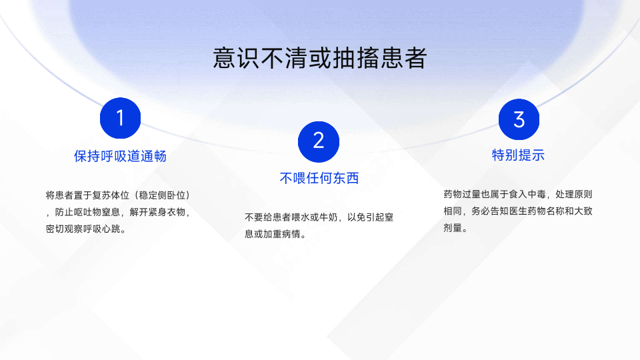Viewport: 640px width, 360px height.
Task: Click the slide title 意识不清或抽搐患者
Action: (319, 58)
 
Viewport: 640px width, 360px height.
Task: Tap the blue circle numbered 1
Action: (121, 118)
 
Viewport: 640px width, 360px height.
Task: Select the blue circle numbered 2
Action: (319, 141)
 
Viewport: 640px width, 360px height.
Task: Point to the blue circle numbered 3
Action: (519, 119)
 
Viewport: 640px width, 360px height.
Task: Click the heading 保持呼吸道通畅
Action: (121, 156)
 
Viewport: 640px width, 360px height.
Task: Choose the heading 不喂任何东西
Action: (319, 178)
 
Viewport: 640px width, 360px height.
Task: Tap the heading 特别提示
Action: (519, 155)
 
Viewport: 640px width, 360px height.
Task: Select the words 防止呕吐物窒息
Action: (87, 212)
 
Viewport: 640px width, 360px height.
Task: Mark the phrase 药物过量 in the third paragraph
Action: (462, 194)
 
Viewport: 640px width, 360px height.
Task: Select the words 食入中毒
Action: (527, 194)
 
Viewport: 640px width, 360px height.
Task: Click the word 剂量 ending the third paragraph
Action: (453, 228)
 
